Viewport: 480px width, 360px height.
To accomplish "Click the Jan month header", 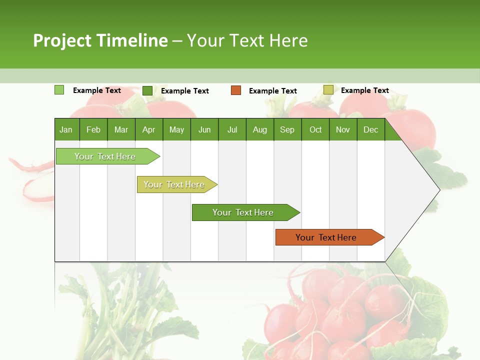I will [66, 130].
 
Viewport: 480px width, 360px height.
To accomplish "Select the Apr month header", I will [149, 130].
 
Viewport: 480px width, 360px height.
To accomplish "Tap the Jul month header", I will [232, 130].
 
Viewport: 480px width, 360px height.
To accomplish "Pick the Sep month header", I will [287, 130].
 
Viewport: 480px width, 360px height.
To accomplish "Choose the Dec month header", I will [370, 130].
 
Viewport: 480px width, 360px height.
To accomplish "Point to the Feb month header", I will [93, 130].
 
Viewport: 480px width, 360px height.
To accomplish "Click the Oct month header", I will [315, 130].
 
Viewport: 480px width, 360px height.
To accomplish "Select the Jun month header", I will [204, 130].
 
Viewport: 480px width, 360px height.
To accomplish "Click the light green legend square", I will [59, 90].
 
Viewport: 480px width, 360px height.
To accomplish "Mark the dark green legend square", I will [147, 90].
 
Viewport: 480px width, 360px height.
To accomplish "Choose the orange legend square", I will [236, 90].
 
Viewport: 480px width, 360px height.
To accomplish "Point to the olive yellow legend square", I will [328, 90].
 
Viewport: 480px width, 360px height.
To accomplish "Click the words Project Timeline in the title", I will [100, 40].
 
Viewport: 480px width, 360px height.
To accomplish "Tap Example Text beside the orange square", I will [273, 91].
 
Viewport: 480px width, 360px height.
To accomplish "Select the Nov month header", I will [343, 130].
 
